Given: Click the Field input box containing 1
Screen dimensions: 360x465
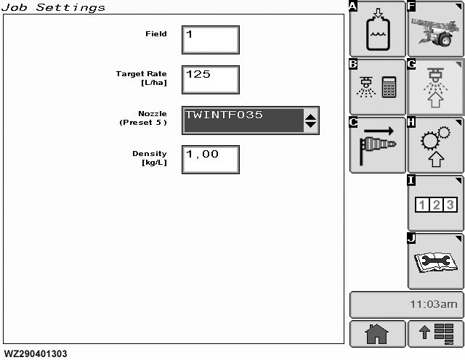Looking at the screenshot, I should coord(210,40).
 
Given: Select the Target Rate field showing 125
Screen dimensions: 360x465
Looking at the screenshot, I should coord(210,80).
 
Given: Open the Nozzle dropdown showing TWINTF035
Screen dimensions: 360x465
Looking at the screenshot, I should coord(243,120).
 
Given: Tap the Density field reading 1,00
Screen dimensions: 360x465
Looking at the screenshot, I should coord(210,160).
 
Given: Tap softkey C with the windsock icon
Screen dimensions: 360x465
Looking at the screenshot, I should coord(378,145).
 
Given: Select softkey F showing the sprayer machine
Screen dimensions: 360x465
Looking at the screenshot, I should coord(435,29).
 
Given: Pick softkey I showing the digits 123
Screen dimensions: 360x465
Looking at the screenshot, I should coord(435,204).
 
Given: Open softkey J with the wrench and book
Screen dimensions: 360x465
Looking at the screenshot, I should coord(435,261).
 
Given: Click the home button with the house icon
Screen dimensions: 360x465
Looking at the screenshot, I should coord(378,333).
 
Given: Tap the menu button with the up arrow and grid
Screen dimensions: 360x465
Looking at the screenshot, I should coord(435,333).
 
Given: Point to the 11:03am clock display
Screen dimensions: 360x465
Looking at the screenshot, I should coord(406,304).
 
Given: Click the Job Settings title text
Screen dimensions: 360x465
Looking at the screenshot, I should coord(53,7).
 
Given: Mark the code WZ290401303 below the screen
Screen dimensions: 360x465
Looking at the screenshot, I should coord(36,354).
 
